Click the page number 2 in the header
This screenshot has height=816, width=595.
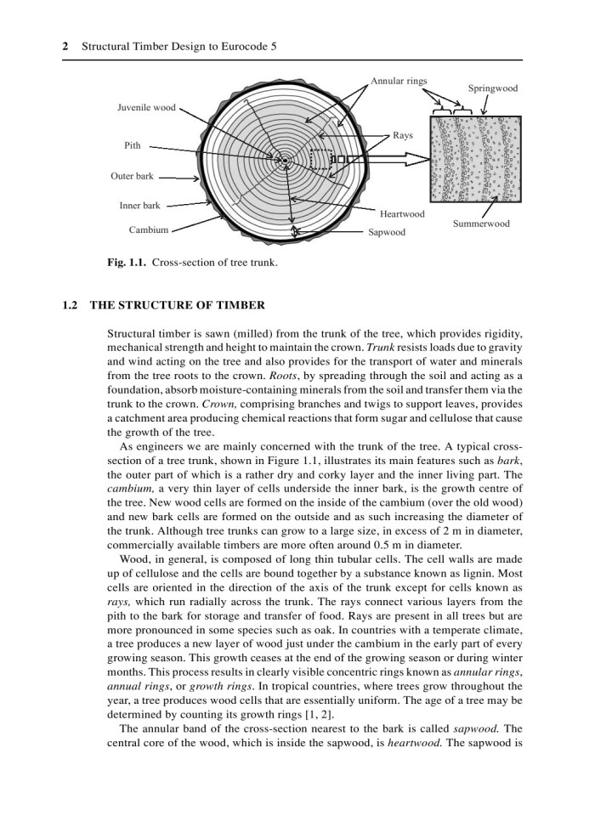coord(65,48)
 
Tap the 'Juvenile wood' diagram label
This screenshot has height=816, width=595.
coord(146,108)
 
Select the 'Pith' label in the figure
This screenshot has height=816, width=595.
coord(132,145)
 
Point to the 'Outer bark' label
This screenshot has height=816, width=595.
coord(132,177)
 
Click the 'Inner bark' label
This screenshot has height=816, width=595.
coord(140,206)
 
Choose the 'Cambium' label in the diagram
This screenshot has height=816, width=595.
coord(149,229)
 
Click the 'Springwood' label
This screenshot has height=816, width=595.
coord(492,88)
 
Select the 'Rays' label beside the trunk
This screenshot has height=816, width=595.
coord(402,135)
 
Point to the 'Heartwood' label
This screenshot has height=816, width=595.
coord(402,213)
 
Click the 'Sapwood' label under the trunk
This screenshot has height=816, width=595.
coord(387,231)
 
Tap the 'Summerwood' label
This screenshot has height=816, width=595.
coord(481,224)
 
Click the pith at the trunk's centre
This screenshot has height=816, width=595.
coord(286,160)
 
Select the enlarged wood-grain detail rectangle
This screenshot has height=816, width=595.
coord(475,159)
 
